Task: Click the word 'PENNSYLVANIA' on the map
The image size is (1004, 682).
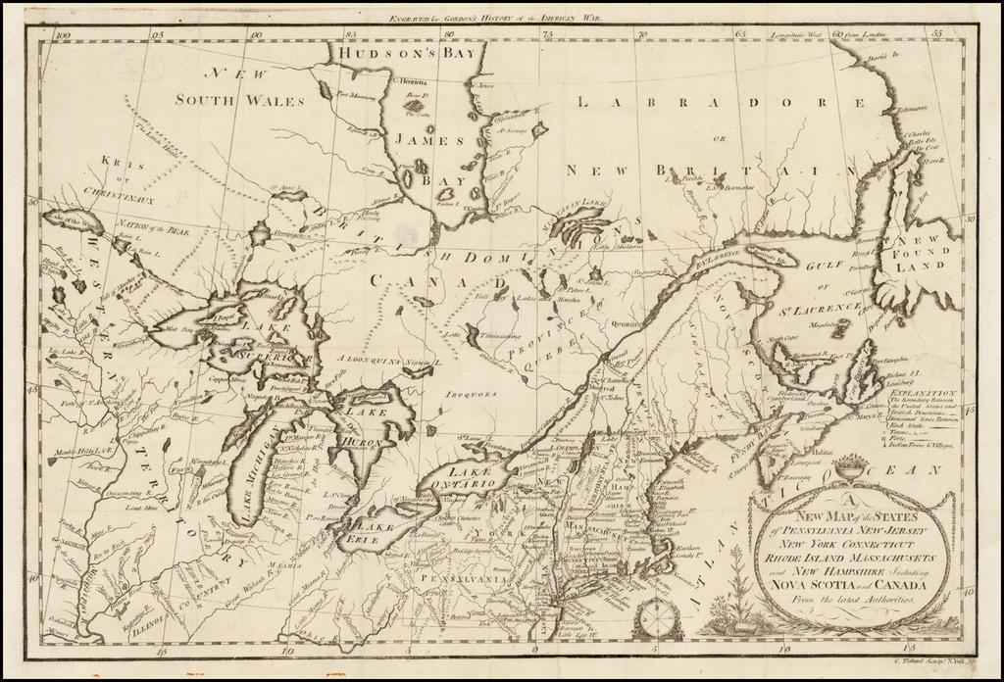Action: (460, 579)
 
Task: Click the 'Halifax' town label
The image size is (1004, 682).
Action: (823, 439)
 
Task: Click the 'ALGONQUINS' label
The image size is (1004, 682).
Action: (368, 361)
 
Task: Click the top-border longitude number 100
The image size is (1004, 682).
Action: (65, 34)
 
